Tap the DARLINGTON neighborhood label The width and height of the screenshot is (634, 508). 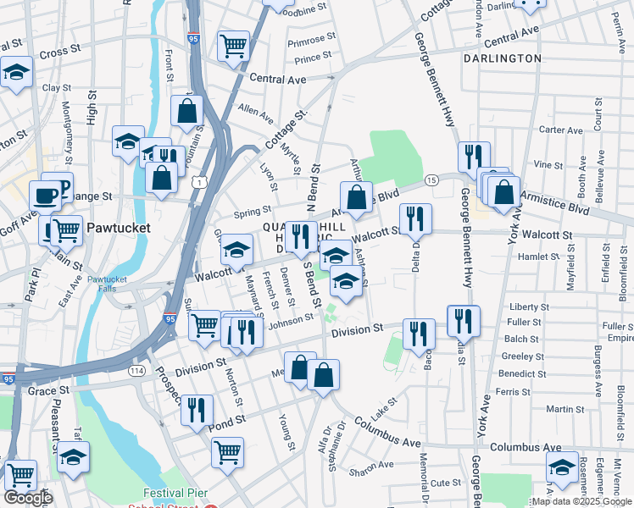(x=502, y=58)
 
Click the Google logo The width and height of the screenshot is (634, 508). (x=28, y=498)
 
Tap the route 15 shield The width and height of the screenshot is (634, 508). (x=431, y=180)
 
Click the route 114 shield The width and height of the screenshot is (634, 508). (x=135, y=370)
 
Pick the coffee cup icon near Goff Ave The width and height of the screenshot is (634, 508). (x=47, y=196)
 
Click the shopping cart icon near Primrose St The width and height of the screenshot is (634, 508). (x=233, y=46)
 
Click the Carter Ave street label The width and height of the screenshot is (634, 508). (x=561, y=130)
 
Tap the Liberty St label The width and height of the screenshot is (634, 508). (x=530, y=306)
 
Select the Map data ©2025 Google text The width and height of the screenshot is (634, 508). (x=580, y=501)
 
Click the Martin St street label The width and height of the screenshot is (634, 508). (x=560, y=409)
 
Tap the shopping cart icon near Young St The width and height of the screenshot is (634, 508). (x=228, y=451)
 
